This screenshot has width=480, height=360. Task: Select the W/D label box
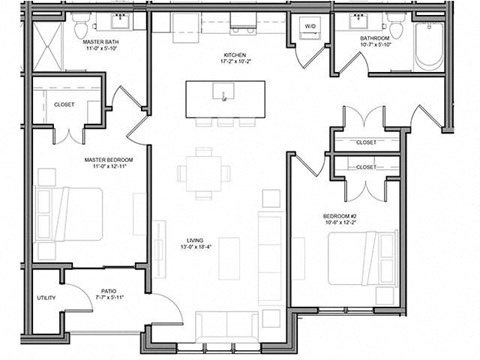pyautogui.click(x=310, y=27)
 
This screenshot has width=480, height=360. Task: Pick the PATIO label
pyautogui.click(x=108, y=291)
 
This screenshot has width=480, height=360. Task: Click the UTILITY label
pyautogui.click(x=47, y=298)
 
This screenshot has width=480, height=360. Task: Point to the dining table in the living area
pyautogui.click(x=205, y=172)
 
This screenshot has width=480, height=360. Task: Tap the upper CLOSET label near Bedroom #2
pyautogui.click(x=367, y=142)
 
